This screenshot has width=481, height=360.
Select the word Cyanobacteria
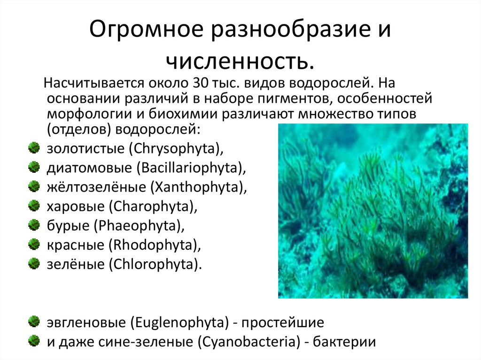pyautogui.click(x=250, y=341)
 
